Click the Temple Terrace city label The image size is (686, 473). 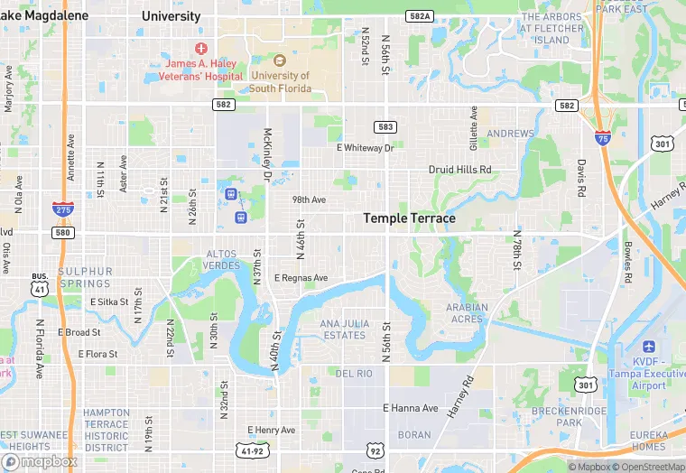point(409,218)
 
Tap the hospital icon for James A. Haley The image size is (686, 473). point(199,47)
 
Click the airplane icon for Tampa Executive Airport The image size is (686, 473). point(648,348)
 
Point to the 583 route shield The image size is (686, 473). point(385,126)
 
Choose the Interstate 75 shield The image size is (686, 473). point(602,138)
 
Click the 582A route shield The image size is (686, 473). point(420,16)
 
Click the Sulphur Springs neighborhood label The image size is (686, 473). point(86,277)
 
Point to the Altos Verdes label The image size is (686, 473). point(223,260)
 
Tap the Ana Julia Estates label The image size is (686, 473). point(343,329)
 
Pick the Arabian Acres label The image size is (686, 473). point(467,313)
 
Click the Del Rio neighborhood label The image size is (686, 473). point(354,373)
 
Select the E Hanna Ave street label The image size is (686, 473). point(411,409)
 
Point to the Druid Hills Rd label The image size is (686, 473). point(459,169)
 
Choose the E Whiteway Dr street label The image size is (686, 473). point(366,147)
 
